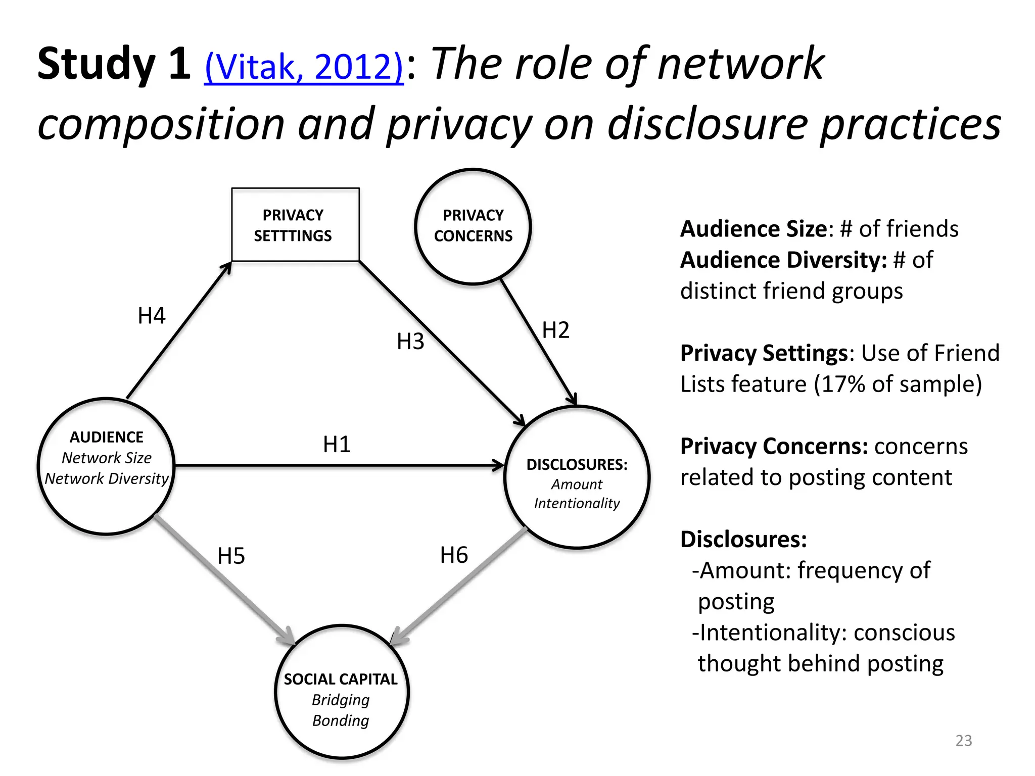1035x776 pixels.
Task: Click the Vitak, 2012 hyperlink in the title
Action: tap(304, 67)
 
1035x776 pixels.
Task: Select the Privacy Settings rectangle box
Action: tap(295, 225)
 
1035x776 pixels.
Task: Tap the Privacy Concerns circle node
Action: tap(473, 226)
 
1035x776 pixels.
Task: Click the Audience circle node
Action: tap(107, 466)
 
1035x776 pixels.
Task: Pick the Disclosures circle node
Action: tap(577, 477)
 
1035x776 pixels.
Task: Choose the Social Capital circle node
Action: tap(342, 692)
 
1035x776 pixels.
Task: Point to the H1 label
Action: tap(337, 445)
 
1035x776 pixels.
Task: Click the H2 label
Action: tap(555, 330)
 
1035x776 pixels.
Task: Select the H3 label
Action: tap(410, 342)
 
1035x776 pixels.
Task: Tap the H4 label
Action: tap(152, 316)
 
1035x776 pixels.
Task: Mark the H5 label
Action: tap(231, 556)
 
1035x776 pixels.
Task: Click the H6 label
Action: tap(454, 555)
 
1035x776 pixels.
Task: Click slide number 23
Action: tap(963, 741)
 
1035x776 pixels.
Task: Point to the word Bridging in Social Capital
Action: tap(341, 700)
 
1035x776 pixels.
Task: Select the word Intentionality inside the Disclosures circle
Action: tap(577, 503)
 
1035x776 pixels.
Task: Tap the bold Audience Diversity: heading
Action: tap(783, 260)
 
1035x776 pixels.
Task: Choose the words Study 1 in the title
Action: tap(114, 64)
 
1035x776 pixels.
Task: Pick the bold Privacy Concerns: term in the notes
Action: tap(774, 447)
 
